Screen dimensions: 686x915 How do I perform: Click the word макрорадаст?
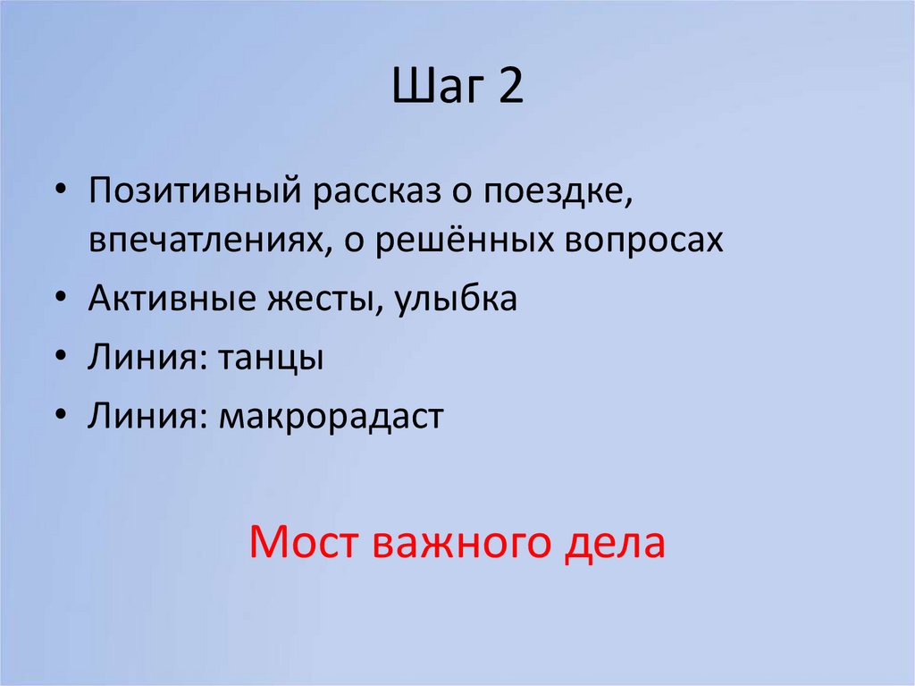click(327, 416)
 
